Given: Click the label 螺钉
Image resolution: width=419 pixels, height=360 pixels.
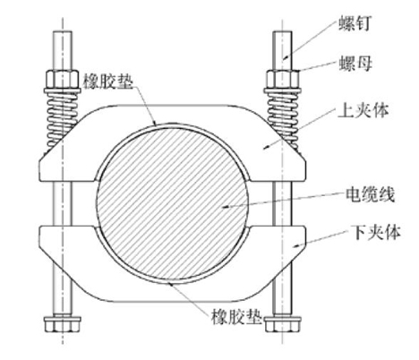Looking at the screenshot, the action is coord(355,23).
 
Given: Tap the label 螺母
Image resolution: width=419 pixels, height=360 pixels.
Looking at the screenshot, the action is coord(355,63).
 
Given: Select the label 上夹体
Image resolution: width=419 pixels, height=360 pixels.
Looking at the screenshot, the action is coord(363,110).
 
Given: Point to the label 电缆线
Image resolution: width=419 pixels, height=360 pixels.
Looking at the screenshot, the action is coord(370,194).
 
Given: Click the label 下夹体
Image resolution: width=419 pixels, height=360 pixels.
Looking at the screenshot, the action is coord(376,232).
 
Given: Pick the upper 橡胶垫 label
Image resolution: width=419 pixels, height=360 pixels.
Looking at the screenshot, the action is coord(107,81).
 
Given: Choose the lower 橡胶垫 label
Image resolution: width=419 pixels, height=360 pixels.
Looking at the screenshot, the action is coord(236,316).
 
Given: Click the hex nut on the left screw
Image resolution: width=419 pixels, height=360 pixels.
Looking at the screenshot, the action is coord(62,79).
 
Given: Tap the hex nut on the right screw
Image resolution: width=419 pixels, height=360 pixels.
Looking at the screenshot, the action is coord(283,79).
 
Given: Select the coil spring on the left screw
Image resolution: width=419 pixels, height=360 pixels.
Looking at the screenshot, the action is coord(62,119).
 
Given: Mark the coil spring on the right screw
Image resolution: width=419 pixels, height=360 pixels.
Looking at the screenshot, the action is coord(283,119).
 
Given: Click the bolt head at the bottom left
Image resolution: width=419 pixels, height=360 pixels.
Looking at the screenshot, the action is coord(63,323).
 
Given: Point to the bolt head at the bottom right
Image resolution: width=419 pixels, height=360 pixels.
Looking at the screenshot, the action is coord(283,323).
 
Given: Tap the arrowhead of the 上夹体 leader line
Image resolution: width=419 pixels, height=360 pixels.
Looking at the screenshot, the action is coord(267,147).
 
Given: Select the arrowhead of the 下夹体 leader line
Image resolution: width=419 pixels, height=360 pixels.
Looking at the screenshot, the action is coord(296,245).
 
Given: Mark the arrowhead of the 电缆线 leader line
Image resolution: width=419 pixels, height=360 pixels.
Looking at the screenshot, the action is coord(225,206).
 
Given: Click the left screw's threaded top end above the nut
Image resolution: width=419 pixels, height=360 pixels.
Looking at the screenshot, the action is coord(63,50).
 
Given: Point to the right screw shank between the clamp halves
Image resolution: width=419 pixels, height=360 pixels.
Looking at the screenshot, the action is coord(282,203).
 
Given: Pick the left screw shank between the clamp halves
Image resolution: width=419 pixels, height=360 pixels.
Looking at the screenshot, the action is coord(63,203).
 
